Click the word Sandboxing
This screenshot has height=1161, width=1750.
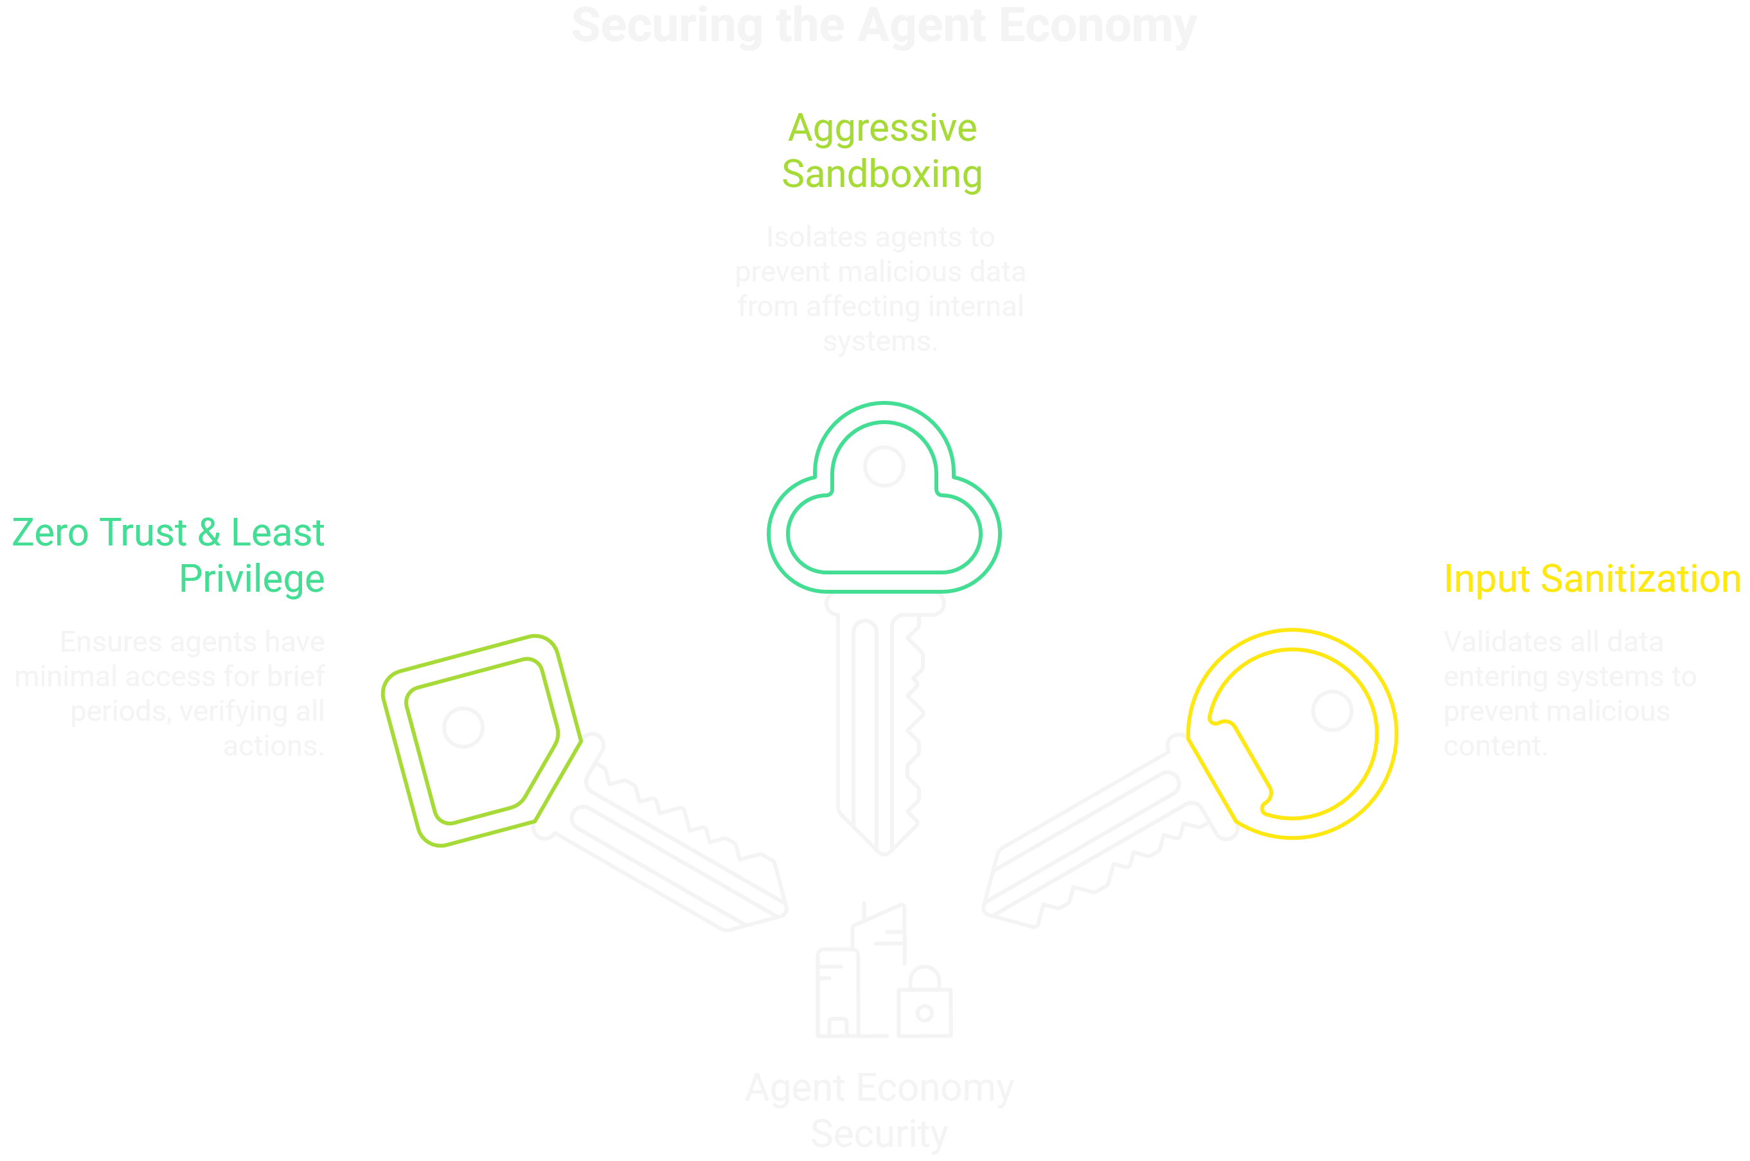(x=882, y=175)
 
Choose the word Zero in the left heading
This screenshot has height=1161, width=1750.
(x=49, y=533)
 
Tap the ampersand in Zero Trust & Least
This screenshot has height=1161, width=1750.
(x=209, y=533)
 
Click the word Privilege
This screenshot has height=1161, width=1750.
(x=252, y=579)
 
